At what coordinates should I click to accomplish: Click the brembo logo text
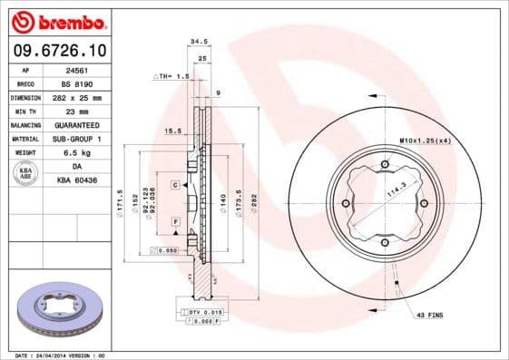56,21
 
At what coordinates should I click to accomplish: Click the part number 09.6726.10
55,50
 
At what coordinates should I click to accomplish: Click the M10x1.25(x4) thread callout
426,141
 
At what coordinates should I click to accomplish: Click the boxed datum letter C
174,184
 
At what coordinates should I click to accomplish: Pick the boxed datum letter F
174,222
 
